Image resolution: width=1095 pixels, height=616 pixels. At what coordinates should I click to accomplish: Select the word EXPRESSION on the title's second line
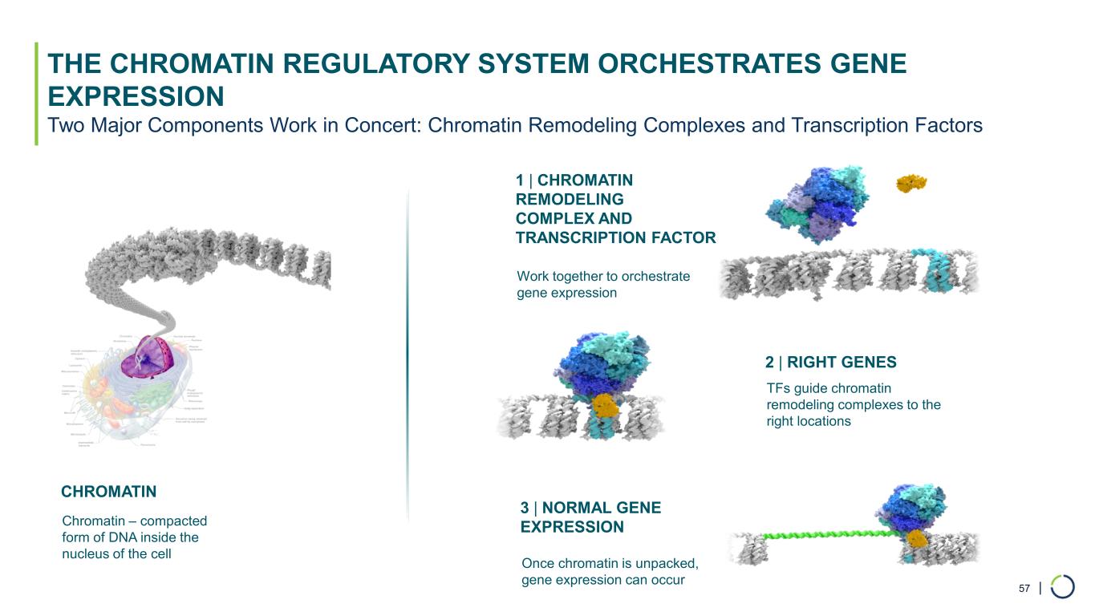pyautogui.click(x=136, y=97)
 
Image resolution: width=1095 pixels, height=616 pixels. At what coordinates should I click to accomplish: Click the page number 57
pyautogui.click(x=1024, y=589)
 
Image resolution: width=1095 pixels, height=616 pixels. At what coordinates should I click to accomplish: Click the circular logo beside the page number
pyautogui.click(x=1062, y=587)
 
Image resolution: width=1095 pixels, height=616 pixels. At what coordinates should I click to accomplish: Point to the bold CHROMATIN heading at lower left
pyautogui.click(x=108, y=491)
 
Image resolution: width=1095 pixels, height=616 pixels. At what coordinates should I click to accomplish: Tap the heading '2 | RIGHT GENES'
pyautogui.click(x=830, y=363)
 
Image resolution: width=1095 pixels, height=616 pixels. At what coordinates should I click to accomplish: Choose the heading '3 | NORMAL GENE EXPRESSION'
pyautogui.click(x=590, y=517)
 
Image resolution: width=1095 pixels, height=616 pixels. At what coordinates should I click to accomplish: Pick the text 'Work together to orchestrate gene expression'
pyautogui.click(x=603, y=285)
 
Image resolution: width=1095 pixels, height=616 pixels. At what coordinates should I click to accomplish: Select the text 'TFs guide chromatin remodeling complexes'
pyautogui.click(x=853, y=404)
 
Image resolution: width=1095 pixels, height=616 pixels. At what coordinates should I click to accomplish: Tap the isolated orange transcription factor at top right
pyautogui.click(x=911, y=184)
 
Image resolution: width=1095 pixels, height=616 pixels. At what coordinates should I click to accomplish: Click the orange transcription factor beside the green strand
pyautogui.click(x=920, y=537)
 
